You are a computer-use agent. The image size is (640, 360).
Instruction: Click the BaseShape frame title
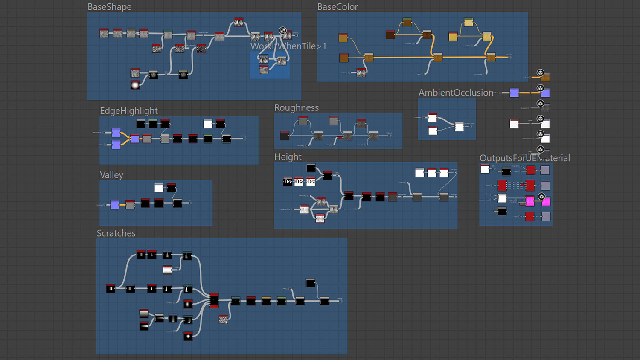tap(109, 7)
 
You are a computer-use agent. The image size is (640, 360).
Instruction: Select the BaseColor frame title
tap(337, 7)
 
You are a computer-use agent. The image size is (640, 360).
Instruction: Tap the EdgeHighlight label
tap(128, 111)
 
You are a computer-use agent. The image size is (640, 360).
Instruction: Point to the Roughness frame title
tap(296, 108)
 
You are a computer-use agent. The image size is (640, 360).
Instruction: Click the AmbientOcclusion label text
tap(456, 93)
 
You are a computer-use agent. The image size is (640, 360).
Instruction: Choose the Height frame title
tap(288, 157)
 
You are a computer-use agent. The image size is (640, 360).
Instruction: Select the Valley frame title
tap(111, 175)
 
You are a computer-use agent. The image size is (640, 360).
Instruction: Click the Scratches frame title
tap(116, 233)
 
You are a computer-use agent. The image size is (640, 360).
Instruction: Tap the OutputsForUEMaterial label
tap(524, 158)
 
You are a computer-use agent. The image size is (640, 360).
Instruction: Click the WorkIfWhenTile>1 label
tap(288, 46)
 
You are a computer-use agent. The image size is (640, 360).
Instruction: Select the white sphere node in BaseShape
tap(135, 85)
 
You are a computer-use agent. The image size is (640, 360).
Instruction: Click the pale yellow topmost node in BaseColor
tap(468, 22)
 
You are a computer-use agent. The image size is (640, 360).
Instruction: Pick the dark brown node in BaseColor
tap(390, 35)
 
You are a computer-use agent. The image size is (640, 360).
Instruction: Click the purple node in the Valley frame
tap(115, 205)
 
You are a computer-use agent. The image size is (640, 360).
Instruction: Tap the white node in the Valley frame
tap(159, 188)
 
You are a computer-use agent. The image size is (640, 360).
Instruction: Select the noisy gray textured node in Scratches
tap(223, 319)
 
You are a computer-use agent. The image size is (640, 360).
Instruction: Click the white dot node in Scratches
tap(188, 337)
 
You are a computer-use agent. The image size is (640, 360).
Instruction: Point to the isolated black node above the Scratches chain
tap(311, 283)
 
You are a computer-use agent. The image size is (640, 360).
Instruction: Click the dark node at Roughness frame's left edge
tap(285, 136)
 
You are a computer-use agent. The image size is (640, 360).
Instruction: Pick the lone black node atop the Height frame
tap(311, 168)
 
